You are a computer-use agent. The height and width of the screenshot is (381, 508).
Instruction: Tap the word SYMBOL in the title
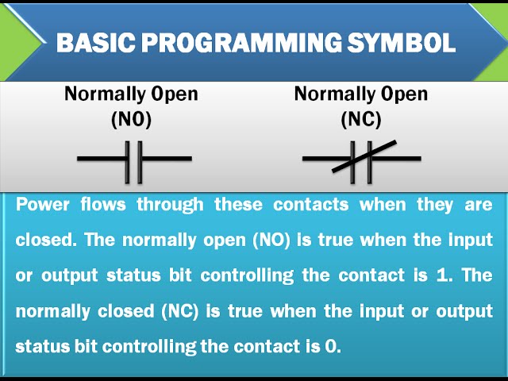point(402,42)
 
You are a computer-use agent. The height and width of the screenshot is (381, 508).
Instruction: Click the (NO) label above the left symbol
point(131,119)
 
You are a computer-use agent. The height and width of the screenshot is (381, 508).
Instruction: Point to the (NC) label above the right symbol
point(361,119)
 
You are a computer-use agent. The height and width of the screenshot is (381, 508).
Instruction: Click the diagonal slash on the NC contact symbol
point(364,156)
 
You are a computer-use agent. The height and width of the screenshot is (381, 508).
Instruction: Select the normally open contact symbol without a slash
point(134,162)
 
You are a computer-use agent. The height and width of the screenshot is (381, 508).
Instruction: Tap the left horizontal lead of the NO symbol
point(101,159)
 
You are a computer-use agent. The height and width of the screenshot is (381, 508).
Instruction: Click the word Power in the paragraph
point(42,205)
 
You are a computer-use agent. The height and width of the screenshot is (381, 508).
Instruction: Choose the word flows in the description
point(103,205)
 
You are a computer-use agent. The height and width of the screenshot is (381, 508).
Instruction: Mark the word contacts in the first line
point(310,206)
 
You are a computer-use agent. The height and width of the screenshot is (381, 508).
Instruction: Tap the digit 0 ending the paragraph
point(330,347)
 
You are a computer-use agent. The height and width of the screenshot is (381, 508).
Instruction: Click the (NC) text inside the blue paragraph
point(180,311)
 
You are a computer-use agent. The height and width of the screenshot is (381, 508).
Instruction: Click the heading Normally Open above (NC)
point(361,94)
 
